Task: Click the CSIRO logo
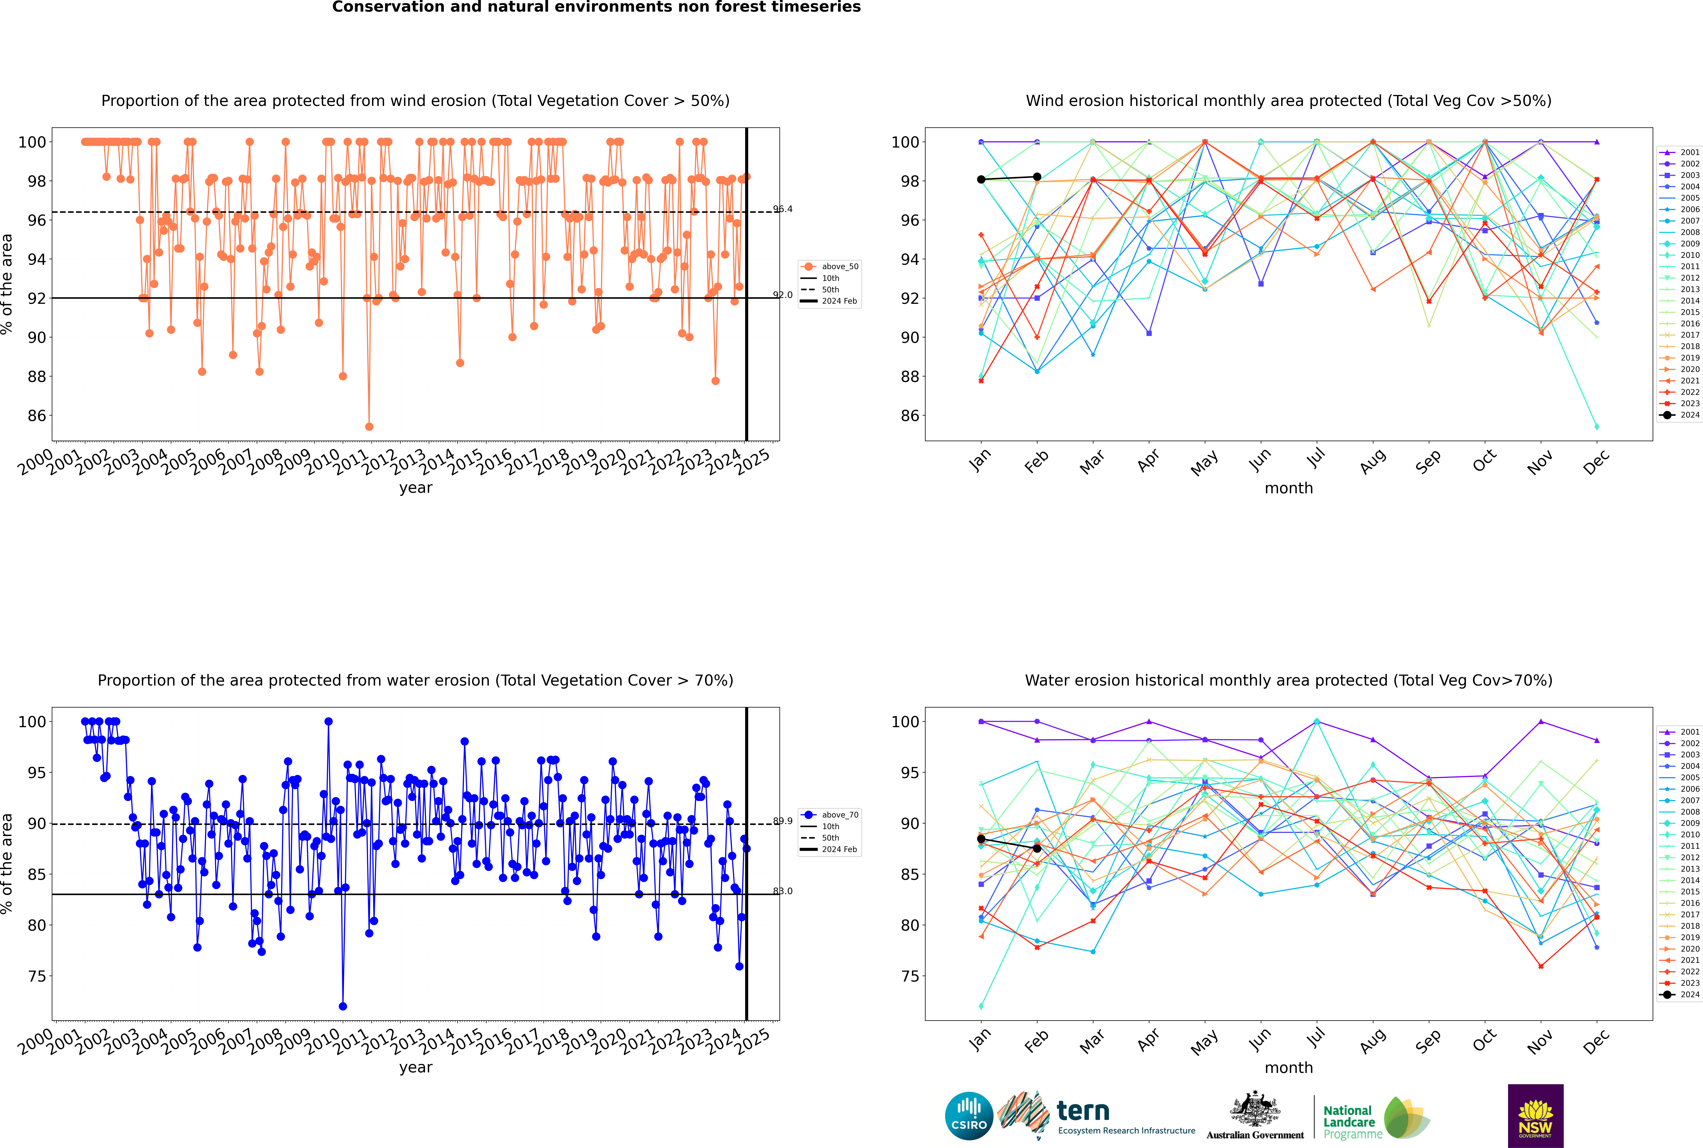click(x=969, y=1116)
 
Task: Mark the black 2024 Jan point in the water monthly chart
click(x=981, y=839)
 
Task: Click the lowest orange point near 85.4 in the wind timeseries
click(x=369, y=427)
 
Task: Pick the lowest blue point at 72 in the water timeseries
click(x=343, y=1007)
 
